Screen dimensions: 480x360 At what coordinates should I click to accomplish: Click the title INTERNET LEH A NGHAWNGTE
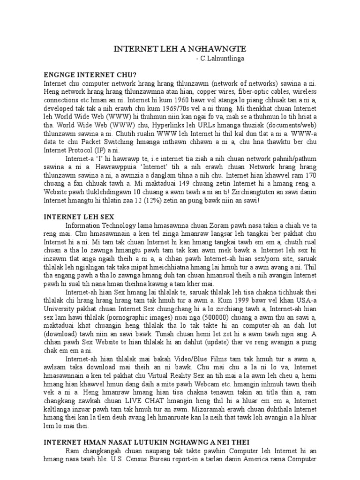click(180, 49)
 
